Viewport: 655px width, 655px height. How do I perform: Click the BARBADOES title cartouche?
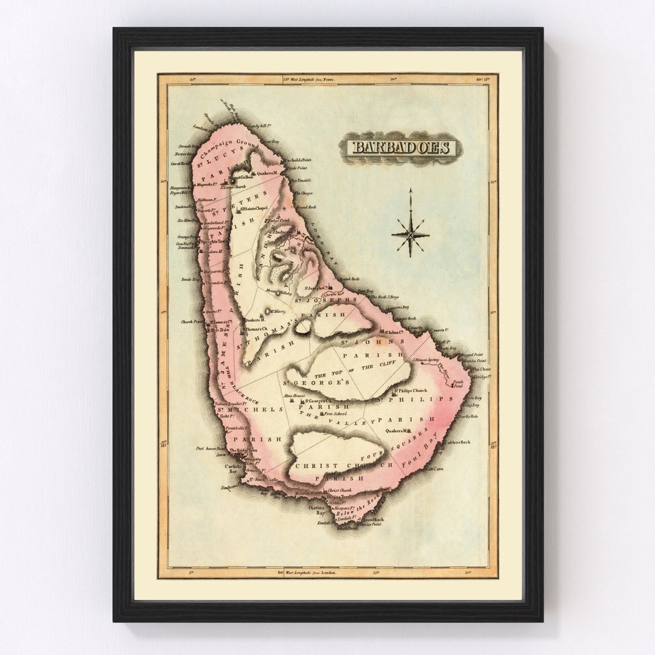(x=401, y=147)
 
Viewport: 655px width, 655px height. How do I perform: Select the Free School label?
(x=335, y=414)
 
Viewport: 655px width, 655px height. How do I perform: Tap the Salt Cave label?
(x=434, y=468)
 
